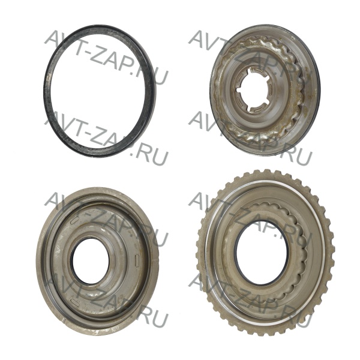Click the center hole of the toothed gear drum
pyautogui.click(x=262, y=253)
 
